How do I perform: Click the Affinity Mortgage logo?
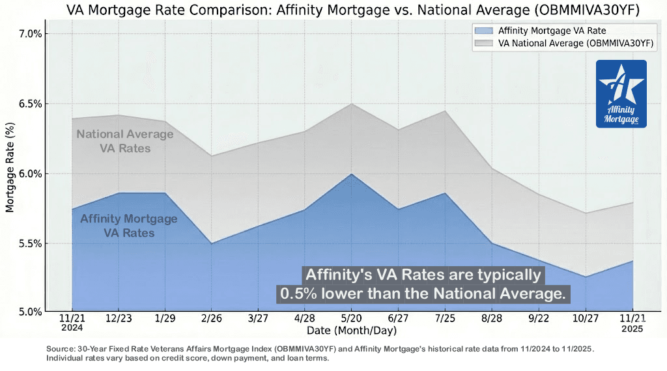621,94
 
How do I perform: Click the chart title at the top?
352,10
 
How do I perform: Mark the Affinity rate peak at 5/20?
352,174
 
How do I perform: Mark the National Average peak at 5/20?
352,103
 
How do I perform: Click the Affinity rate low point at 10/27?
586,277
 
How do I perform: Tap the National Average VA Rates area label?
125,141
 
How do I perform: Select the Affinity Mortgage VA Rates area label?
128,225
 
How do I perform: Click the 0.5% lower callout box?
423,284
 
